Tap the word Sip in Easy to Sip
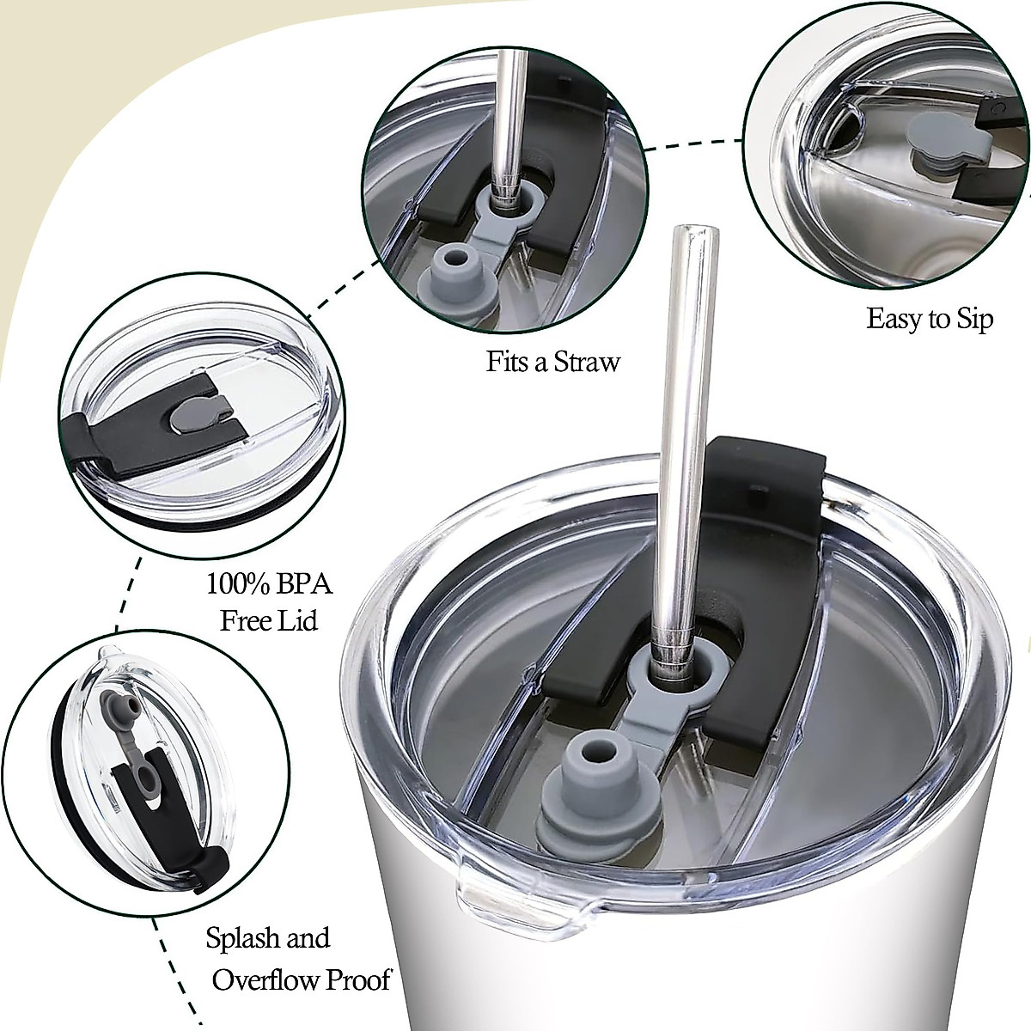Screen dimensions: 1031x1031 [972, 319]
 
